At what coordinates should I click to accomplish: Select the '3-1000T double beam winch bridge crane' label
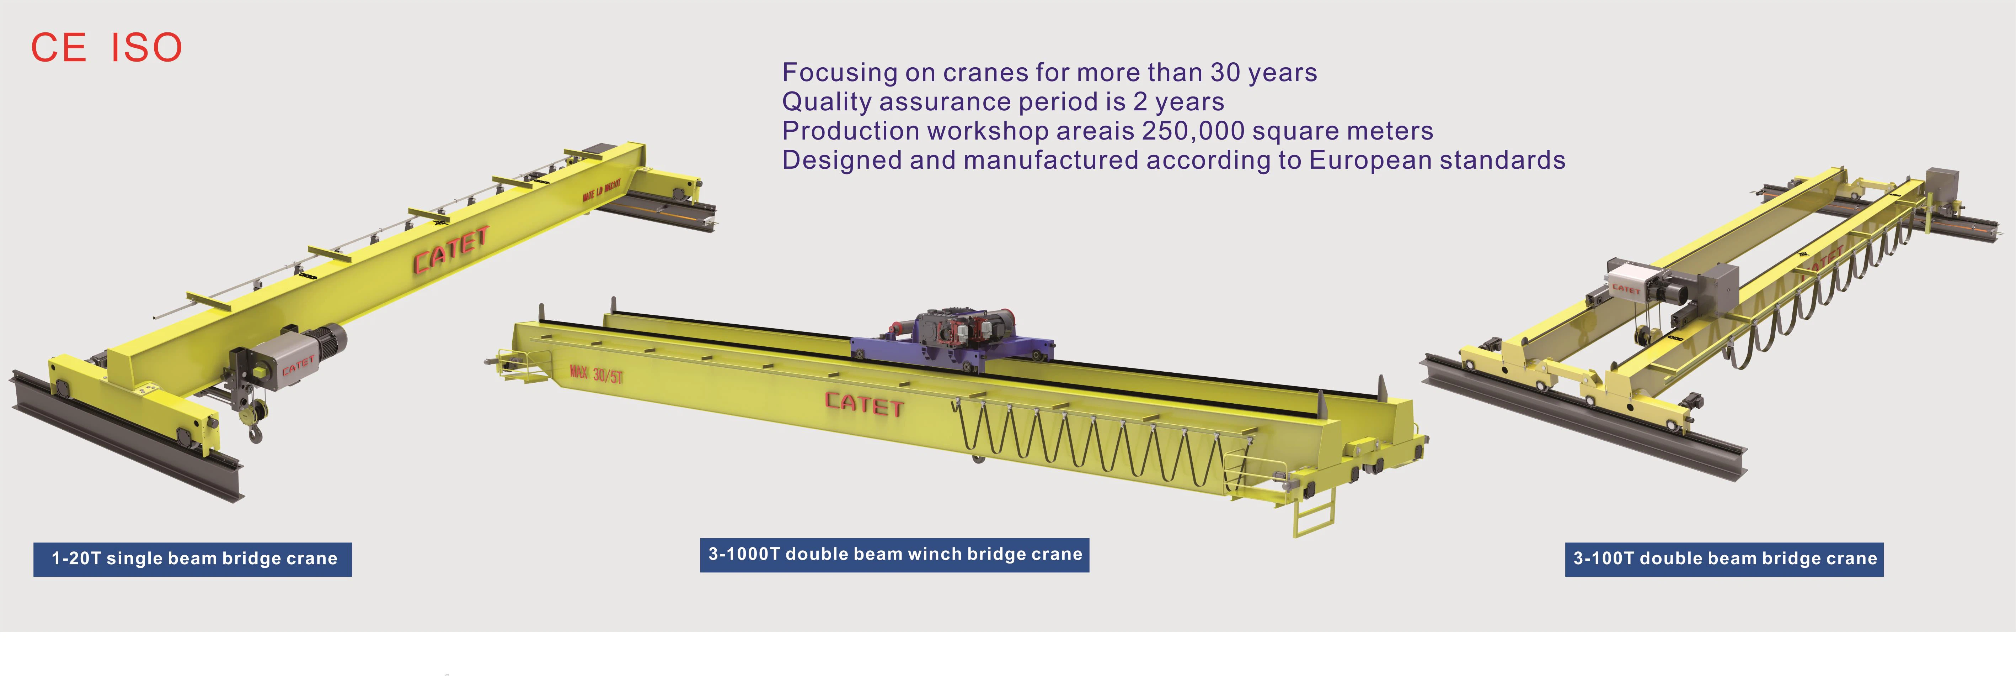coord(894,555)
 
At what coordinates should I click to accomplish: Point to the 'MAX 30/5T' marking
coord(597,374)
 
